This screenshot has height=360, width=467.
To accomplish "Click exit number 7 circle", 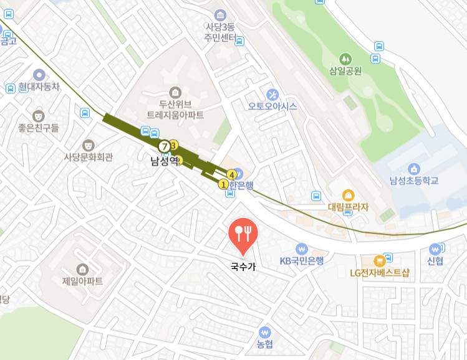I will coord(164,146).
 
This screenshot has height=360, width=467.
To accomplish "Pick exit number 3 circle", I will coord(174,145).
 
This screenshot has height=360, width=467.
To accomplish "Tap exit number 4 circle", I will coord(232,174).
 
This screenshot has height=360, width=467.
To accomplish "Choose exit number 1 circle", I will coord(223,184).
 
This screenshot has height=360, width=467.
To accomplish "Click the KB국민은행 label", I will coord(302,261).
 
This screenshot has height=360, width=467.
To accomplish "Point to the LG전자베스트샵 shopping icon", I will coord(378,260).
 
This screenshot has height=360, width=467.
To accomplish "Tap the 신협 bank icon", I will coord(435,249).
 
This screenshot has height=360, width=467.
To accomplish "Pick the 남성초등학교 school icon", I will coord(413,168).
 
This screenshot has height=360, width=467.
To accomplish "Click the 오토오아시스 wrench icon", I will coord(272,94).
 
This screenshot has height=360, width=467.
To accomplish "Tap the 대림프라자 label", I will coord(349,207).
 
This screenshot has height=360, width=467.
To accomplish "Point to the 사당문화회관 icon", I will coord(89,144).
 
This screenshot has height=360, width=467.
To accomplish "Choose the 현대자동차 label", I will coord(39,87).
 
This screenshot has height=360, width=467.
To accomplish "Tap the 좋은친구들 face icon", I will coord(39,115).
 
